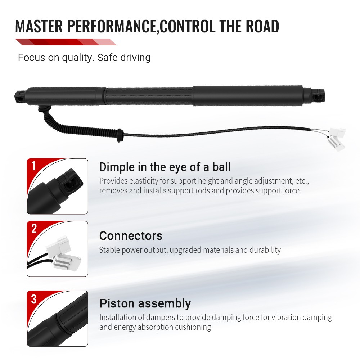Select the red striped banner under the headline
coord(65,42)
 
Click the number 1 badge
coord(34,166)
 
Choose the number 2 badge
coord(34,229)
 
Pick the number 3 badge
coord(34,299)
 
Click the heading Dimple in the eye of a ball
coord(165,167)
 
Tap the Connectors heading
coord(131,236)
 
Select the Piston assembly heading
coord(145,303)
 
